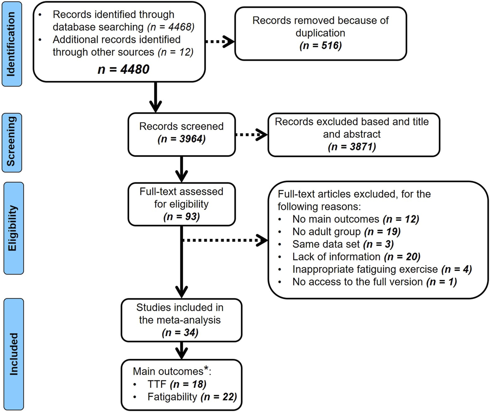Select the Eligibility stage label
click(13, 228)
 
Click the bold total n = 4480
click(123, 69)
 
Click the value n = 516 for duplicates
click(320, 45)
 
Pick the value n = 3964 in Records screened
click(181, 139)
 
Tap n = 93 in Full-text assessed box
click(181, 216)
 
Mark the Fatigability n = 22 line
click(192, 397)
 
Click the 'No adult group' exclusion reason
click(346, 232)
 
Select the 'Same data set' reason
click(342, 244)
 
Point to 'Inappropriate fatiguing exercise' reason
click(381, 269)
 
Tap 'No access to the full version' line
click(374, 282)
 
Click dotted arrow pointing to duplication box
click(219, 41)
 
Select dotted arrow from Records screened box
click(251, 135)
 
